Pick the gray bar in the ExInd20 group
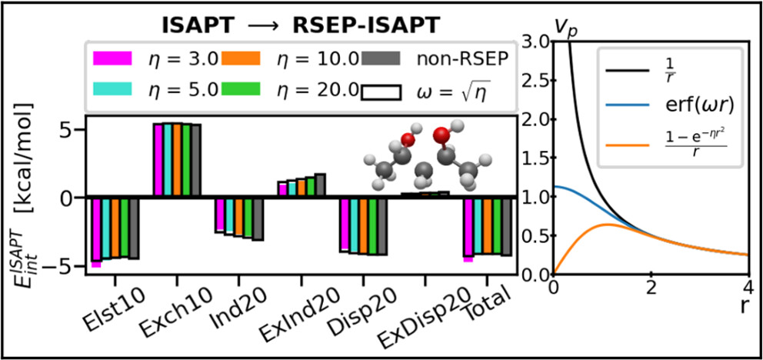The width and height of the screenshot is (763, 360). point(320,185)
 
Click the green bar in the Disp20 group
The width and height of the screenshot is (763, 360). point(373,226)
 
